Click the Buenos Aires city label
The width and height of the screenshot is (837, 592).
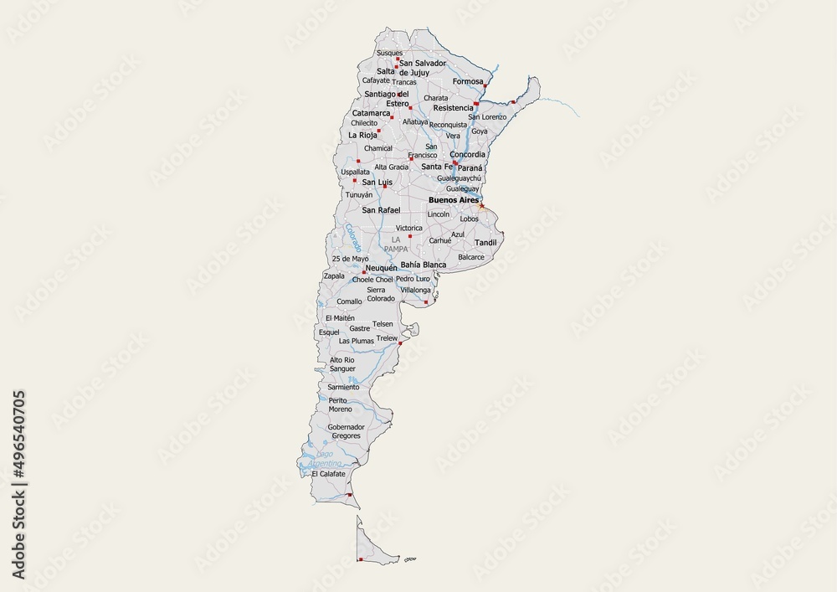(453, 201)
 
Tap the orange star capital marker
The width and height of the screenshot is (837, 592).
(481, 205)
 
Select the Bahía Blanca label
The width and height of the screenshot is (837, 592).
(424, 265)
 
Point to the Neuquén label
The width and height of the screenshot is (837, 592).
(382, 268)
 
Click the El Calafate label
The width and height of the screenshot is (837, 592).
(327, 474)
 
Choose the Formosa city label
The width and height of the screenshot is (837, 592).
(468, 81)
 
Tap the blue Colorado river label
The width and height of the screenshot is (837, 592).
(352, 238)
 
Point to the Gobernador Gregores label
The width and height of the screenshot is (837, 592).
(345, 431)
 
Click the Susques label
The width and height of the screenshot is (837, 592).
(390, 53)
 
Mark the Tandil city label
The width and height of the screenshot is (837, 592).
(485, 243)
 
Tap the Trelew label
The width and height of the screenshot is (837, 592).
(387, 338)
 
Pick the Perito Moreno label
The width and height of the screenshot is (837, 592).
(340, 404)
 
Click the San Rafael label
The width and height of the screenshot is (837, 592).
(381, 209)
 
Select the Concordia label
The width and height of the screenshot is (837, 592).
(467, 154)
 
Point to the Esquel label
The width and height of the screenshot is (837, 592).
(329, 332)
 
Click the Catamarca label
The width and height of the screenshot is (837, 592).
(371, 112)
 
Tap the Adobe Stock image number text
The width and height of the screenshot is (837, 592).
(18, 485)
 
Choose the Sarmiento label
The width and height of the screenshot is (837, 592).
(343, 387)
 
